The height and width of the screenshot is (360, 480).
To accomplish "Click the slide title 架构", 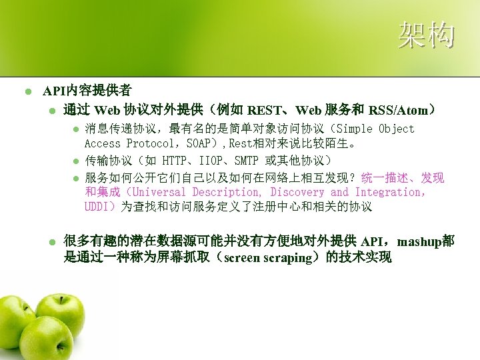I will coord(427,35).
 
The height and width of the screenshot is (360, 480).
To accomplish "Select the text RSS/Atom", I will coord(399,109).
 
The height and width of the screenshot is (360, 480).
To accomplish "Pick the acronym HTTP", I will coord(175,161).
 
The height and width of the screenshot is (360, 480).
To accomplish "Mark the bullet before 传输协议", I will coord(76,161).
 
